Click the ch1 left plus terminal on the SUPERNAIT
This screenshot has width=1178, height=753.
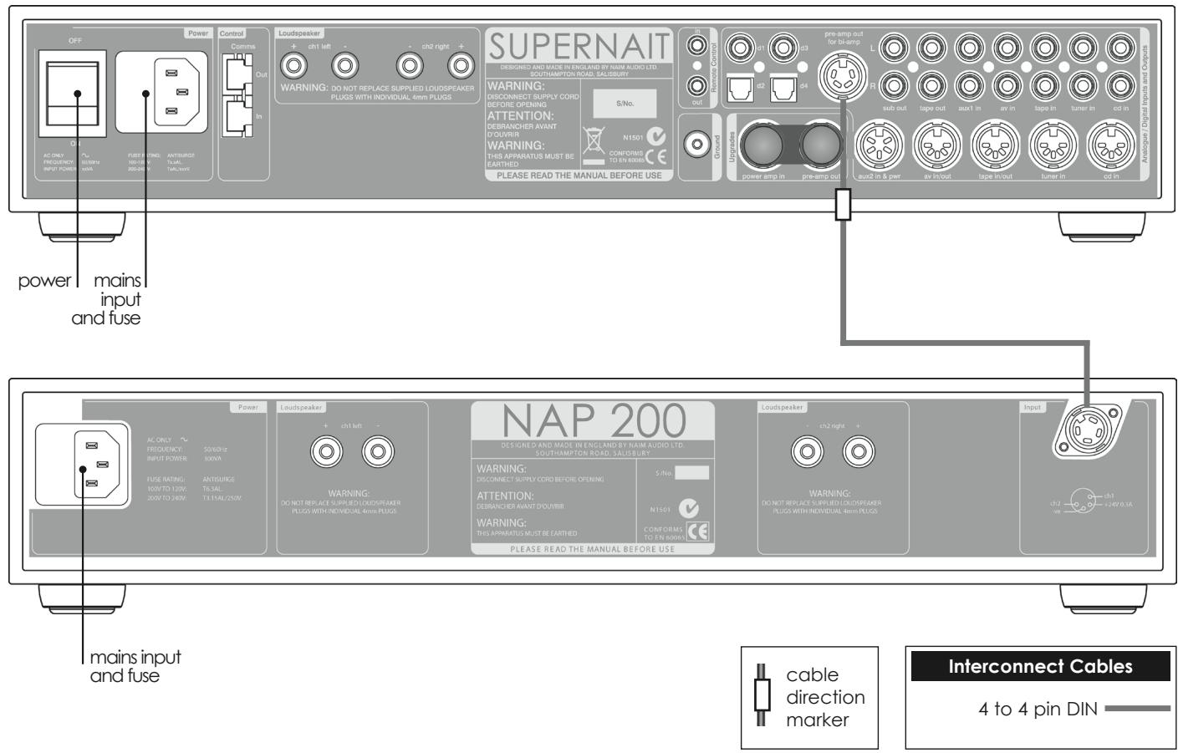294,64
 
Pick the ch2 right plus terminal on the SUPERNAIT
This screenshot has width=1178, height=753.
460,64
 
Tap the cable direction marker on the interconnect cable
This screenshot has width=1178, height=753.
843,205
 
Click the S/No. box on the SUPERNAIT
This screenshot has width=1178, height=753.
625,102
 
